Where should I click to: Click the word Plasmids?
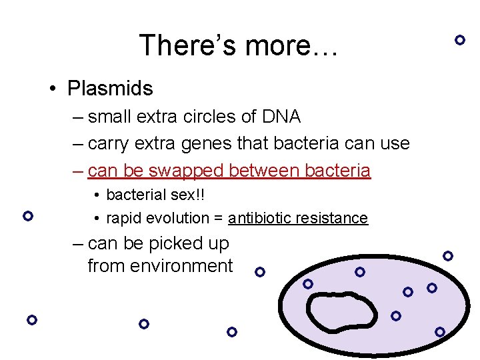[110, 88]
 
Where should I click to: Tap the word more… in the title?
[292, 46]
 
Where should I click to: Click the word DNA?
[281, 117]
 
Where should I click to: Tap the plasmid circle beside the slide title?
[459, 39]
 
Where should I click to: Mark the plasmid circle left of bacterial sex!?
[27, 216]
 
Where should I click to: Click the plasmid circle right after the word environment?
[260, 272]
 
